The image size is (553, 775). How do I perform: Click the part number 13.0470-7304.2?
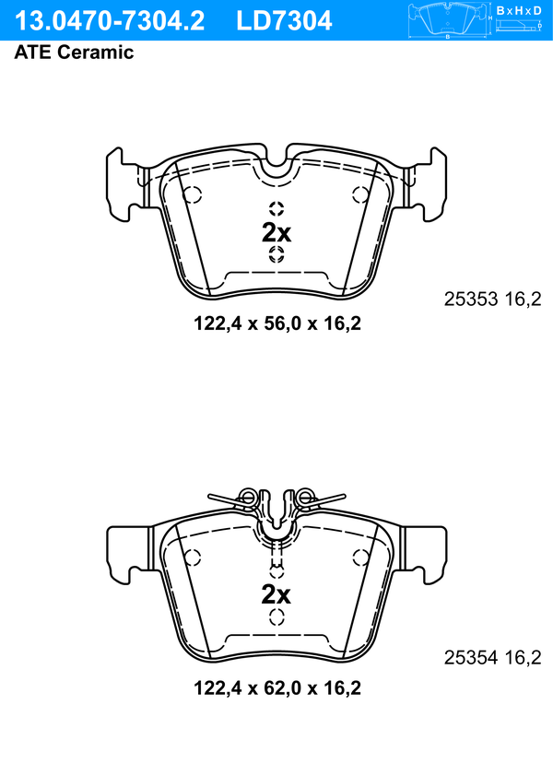110,21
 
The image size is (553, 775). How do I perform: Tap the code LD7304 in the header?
284,21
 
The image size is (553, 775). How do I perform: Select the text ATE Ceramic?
74,52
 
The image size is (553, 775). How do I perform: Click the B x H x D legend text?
519,10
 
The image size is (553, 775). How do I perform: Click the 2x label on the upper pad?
276,232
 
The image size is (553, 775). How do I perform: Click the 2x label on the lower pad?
276,594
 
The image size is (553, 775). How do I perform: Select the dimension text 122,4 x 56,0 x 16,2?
277,323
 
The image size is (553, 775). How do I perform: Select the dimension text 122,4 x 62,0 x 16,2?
277,687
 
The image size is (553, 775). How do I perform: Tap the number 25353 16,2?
493,299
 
